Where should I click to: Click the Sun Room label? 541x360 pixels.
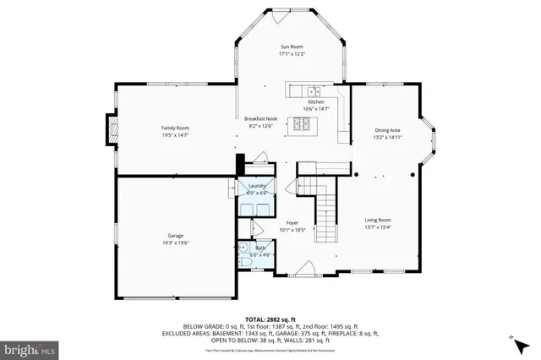292,46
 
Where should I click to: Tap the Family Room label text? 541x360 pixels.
175,128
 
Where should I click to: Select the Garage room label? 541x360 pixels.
176,236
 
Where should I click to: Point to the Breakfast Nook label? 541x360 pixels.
261,119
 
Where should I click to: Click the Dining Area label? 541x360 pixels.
387,130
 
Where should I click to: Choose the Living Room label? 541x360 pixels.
378,219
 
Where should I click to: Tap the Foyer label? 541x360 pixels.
292,222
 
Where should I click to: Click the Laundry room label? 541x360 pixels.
257,186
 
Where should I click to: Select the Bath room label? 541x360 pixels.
260,248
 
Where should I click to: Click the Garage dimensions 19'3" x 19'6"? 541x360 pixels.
176,243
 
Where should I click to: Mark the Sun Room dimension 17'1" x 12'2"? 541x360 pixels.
292,54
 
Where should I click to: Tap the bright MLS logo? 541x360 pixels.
30,347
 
